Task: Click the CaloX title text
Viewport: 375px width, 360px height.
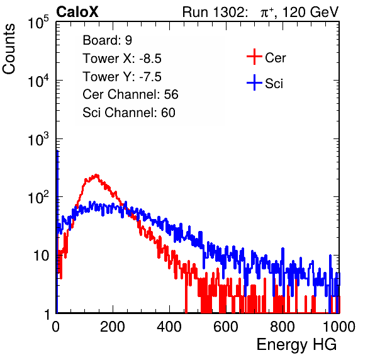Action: point(77,12)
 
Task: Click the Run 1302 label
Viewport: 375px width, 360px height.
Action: point(215,12)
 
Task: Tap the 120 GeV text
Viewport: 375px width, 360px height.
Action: point(311,12)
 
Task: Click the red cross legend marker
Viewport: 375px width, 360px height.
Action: point(254,57)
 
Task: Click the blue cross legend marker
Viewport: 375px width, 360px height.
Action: point(254,83)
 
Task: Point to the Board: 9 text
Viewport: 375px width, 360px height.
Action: point(108,40)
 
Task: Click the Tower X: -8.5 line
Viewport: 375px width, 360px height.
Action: point(122,59)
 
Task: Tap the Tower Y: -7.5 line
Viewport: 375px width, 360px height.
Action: point(122,77)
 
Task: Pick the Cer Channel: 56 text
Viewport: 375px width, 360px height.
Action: point(130,94)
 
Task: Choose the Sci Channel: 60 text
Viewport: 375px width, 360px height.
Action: point(129,113)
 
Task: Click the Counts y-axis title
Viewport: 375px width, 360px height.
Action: point(9,49)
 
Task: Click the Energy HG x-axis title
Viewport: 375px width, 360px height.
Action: point(297,345)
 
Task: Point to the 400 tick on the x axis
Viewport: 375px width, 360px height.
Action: point(169,327)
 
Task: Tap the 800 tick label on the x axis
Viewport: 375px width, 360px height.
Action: point(283,327)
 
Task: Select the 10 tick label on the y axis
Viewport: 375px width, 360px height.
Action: point(42,256)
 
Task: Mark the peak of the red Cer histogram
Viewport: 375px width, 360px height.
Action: point(96,175)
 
